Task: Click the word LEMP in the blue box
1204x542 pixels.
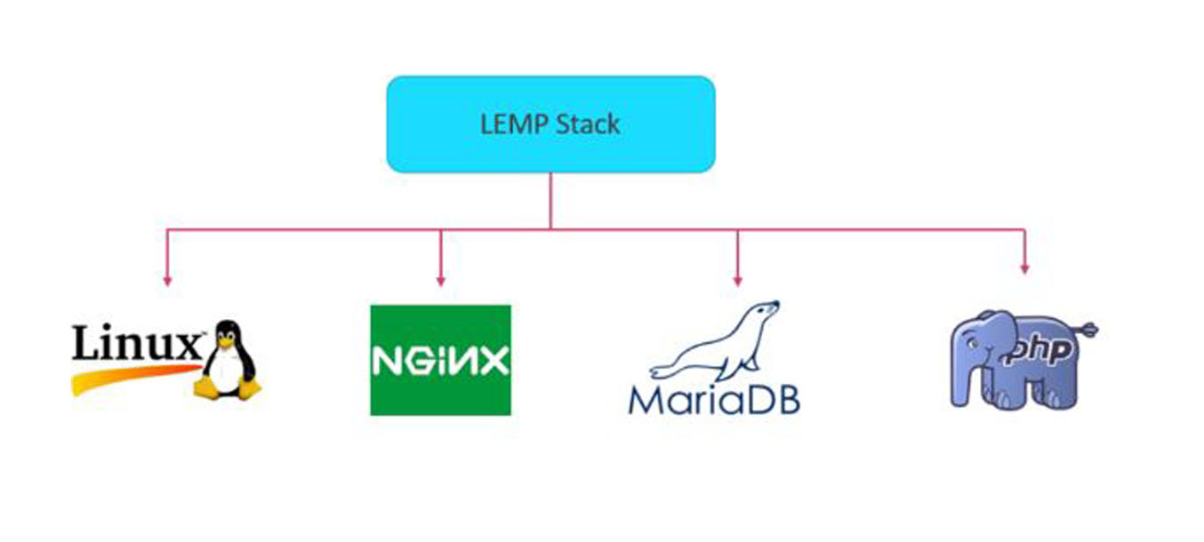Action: (x=509, y=124)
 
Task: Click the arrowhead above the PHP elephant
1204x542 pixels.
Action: (x=1024, y=267)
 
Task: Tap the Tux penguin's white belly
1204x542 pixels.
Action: (x=226, y=363)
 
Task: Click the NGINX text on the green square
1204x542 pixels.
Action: (x=440, y=361)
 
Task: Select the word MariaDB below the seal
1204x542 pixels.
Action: (x=713, y=399)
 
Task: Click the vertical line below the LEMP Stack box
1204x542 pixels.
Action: (x=550, y=200)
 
